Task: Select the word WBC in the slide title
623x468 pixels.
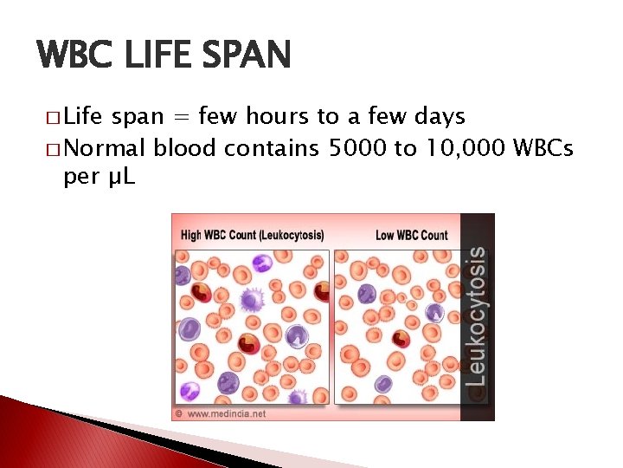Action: [x=75, y=56]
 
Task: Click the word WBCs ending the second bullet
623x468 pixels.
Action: [x=542, y=148]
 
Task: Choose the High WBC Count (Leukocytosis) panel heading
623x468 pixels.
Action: [x=251, y=235]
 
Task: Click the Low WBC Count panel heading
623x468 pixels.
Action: [x=412, y=235]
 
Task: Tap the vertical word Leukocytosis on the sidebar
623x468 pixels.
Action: [x=476, y=316]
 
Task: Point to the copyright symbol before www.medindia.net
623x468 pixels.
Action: [x=179, y=413]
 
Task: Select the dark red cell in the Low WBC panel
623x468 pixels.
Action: [x=401, y=339]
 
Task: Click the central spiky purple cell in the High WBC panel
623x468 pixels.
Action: [x=251, y=300]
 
